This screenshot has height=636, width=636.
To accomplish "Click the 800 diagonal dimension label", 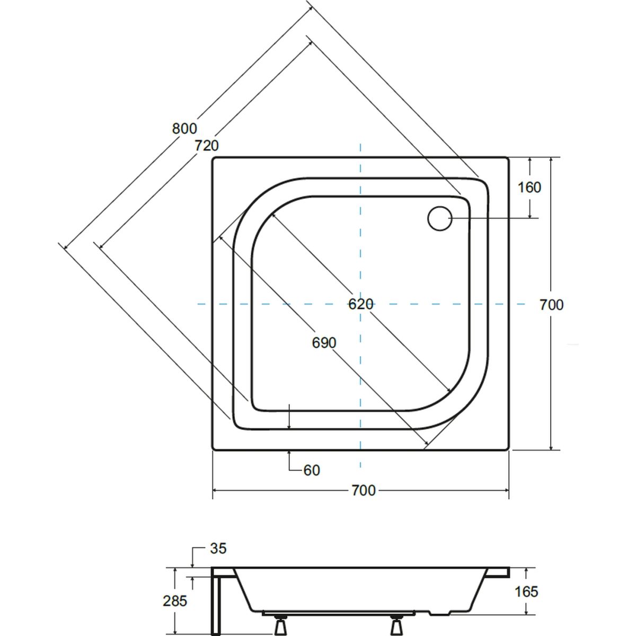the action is (x=184, y=128).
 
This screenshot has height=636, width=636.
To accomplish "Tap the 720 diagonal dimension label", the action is (x=207, y=145).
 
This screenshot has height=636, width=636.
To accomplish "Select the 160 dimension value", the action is (x=529, y=188).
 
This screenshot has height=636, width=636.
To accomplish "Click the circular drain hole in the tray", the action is (x=439, y=218).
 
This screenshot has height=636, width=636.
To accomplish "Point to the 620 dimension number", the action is (x=361, y=304).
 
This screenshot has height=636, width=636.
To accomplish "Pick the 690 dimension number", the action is (x=324, y=343).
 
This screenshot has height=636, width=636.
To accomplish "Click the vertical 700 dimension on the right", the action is (x=552, y=305).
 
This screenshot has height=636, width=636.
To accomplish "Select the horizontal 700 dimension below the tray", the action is (x=363, y=490).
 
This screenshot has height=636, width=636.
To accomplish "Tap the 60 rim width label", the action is (x=312, y=470).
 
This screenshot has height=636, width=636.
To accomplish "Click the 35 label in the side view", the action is (x=218, y=548).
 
